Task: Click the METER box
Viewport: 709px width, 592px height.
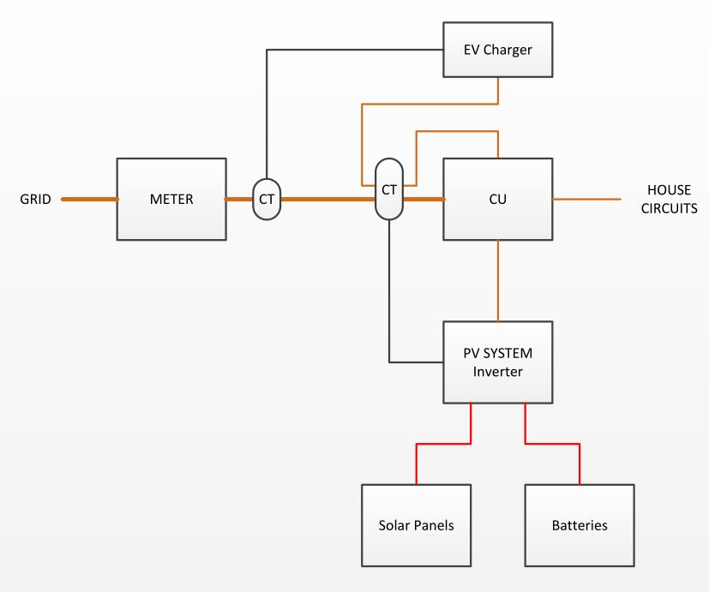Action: tap(171, 200)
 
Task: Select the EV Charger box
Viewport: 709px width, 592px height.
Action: tap(498, 50)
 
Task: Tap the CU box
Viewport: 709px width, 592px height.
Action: tap(498, 198)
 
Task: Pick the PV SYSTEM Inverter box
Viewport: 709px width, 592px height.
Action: tap(498, 362)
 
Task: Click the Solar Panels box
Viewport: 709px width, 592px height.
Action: tap(417, 524)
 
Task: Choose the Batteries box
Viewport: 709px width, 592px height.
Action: tap(580, 524)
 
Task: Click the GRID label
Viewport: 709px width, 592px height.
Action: tap(36, 200)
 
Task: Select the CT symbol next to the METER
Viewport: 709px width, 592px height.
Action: tap(267, 199)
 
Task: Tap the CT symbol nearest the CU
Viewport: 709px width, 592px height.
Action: tap(389, 188)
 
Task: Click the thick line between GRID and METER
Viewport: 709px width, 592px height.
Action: tap(89, 199)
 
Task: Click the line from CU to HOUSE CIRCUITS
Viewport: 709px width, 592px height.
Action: tap(587, 199)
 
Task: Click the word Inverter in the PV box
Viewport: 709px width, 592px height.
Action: tap(498, 371)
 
